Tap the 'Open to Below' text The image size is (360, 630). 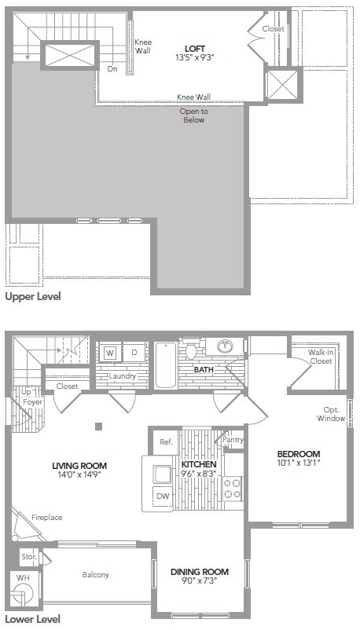coord(193,115)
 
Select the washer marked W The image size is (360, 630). coord(110,353)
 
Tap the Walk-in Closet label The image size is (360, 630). coord(320,357)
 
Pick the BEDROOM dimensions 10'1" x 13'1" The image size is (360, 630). coord(298,463)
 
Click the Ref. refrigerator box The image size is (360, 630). coord(165,441)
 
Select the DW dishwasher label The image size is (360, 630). coord(161,496)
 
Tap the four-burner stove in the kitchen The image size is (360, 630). coord(233,489)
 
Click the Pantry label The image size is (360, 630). coord(233,441)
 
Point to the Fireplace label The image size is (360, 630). coord(46,518)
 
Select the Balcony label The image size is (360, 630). coord(96,575)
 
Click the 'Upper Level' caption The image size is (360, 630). coord(32,298)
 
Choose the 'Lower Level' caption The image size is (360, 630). coord(32,620)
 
